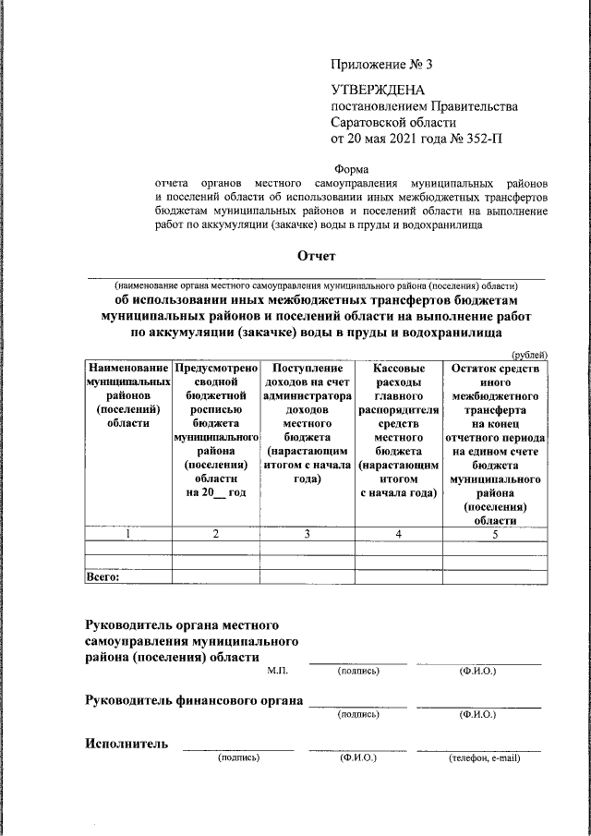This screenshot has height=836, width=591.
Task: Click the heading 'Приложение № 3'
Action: coord(381,65)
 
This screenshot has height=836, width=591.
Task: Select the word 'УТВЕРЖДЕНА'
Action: coord(376,91)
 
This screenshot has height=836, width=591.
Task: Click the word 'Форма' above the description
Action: coord(350,169)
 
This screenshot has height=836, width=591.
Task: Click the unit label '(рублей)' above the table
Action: coord(529,355)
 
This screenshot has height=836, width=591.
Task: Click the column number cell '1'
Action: coord(127,534)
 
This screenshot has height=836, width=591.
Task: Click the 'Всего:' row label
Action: coord(103,576)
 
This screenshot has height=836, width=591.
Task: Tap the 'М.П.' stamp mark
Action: coord(278,671)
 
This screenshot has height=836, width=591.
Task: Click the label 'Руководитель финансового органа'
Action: coord(194,700)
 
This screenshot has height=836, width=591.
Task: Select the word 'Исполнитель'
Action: coord(127,744)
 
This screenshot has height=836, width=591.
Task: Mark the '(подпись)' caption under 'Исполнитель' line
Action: coord(238,758)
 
